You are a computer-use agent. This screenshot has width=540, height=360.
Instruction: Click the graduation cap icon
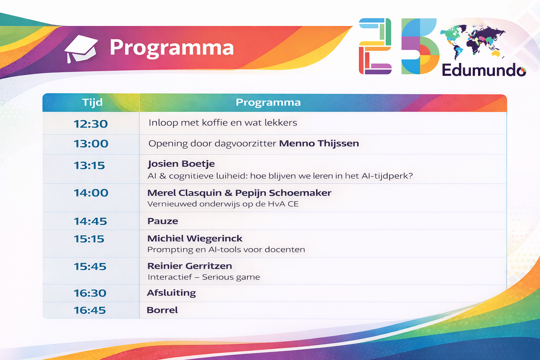[81, 49]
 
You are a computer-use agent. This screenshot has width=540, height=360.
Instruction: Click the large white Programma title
[172, 47]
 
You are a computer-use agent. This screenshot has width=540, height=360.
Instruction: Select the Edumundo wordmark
[483, 70]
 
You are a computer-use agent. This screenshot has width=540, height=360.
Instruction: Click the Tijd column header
[92, 102]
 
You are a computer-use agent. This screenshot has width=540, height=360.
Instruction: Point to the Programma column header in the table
[268, 102]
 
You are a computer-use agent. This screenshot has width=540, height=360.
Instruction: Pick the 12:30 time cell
[91, 124]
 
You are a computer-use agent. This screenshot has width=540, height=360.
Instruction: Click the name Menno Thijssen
[319, 143]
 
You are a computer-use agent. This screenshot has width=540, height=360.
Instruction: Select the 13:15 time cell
[89, 165]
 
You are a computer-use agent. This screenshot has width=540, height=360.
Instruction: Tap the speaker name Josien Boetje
[181, 164]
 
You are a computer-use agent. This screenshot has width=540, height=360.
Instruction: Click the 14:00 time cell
[91, 193]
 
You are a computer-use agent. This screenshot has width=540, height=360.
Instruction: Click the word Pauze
[162, 221]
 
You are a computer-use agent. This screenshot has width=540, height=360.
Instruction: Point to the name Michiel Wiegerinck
[195, 238]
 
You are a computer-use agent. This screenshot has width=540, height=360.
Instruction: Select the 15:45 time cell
[90, 266]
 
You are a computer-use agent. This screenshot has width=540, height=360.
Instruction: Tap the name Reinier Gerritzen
[189, 266]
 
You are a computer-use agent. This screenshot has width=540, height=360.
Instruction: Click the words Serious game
[231, 277]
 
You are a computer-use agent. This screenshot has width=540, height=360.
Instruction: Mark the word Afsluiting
[171, 293]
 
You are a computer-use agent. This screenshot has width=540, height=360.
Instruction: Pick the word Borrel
[162, 310]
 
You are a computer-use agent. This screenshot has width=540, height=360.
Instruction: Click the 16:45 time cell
[90, 310]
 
